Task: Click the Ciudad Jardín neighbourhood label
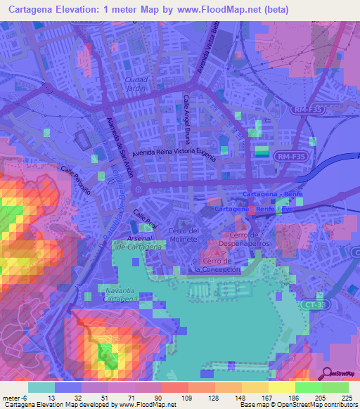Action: click(x=137, y=84)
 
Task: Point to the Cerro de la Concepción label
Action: click(x=218, y=266)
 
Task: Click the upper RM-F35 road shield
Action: click(x=309, y=109)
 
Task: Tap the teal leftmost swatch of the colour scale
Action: click(x=41, y=387)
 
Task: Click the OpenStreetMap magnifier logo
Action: click(x=327, y=374)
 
